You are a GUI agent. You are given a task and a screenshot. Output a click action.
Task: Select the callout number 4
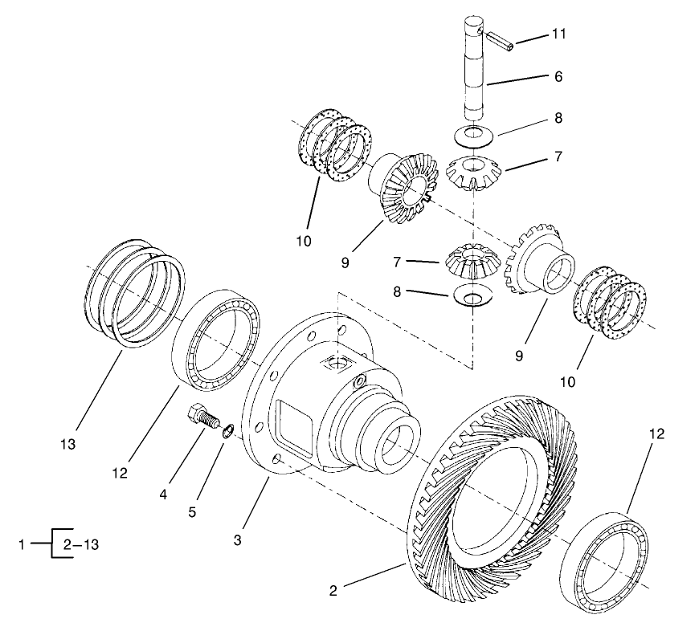[164, 495]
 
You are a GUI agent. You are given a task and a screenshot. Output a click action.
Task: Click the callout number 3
[237, 540]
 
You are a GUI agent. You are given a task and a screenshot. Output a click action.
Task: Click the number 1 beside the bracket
[23, 544]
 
